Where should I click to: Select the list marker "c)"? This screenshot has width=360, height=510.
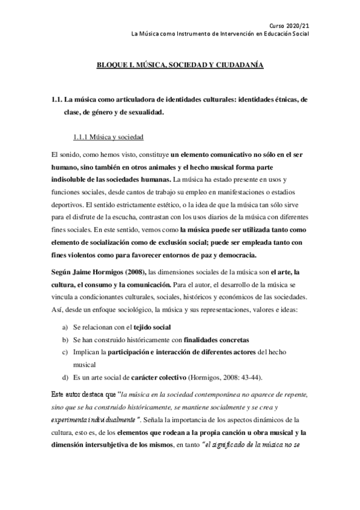point(65,351)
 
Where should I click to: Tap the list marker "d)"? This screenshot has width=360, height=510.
point(65,377)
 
